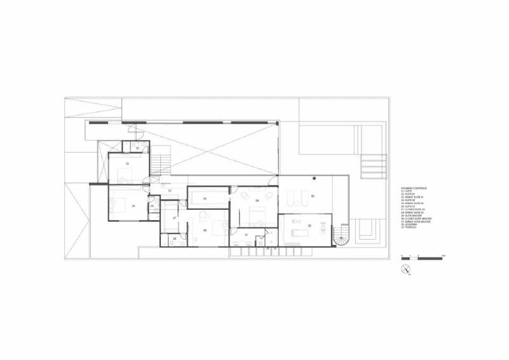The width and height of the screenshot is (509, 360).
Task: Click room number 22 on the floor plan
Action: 127,164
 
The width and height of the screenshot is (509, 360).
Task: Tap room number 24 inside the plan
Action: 133,207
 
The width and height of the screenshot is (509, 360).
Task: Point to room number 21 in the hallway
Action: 170,191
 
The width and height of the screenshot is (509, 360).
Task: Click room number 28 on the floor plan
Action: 174,239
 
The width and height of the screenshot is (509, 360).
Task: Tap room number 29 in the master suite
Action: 258,200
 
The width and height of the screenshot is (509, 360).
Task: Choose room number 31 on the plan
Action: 246,235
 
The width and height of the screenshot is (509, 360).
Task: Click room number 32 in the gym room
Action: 309,225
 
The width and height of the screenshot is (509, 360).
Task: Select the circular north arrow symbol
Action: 405,270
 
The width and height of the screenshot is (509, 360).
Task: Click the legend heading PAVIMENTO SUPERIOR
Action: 414,188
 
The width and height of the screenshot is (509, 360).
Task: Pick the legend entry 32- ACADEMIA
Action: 410,224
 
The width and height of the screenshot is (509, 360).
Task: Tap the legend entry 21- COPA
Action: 407,191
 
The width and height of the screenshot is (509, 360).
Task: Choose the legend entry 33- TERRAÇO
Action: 410,227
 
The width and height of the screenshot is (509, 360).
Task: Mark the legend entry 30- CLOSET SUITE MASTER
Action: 417,218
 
